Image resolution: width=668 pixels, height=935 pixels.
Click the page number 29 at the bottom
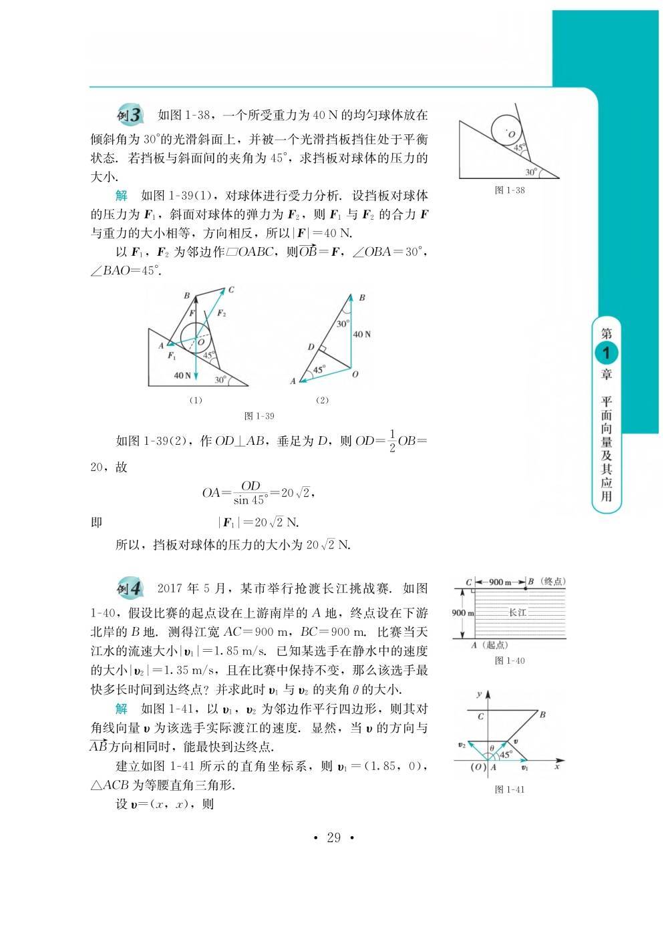point(333,837)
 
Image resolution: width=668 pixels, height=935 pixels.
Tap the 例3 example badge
point(129,115)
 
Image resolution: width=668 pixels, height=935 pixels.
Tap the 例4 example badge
point(129,588)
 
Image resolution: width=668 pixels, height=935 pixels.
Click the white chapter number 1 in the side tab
point(607,353)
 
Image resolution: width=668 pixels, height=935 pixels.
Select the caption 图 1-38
point(510,190)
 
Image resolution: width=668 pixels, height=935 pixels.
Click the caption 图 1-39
point(259,415)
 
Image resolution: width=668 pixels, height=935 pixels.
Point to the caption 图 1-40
point(510,661)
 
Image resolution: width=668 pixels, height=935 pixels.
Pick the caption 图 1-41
point(510,789)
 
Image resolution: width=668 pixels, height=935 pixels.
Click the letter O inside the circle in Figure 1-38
point(512,135)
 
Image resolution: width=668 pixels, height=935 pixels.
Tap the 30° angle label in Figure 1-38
point(531,172)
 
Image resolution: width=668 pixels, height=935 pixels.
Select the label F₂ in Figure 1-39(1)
point(222,313)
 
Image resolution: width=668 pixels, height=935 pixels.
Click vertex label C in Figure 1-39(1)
point(230,290)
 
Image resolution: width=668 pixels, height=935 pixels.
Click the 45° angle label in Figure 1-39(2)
point(319,369)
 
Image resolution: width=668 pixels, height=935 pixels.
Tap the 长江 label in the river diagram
point(518,612)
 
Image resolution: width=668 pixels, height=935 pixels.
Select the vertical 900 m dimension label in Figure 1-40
point(463,613)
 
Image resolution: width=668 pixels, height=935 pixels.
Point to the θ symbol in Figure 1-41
point(491,748)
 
